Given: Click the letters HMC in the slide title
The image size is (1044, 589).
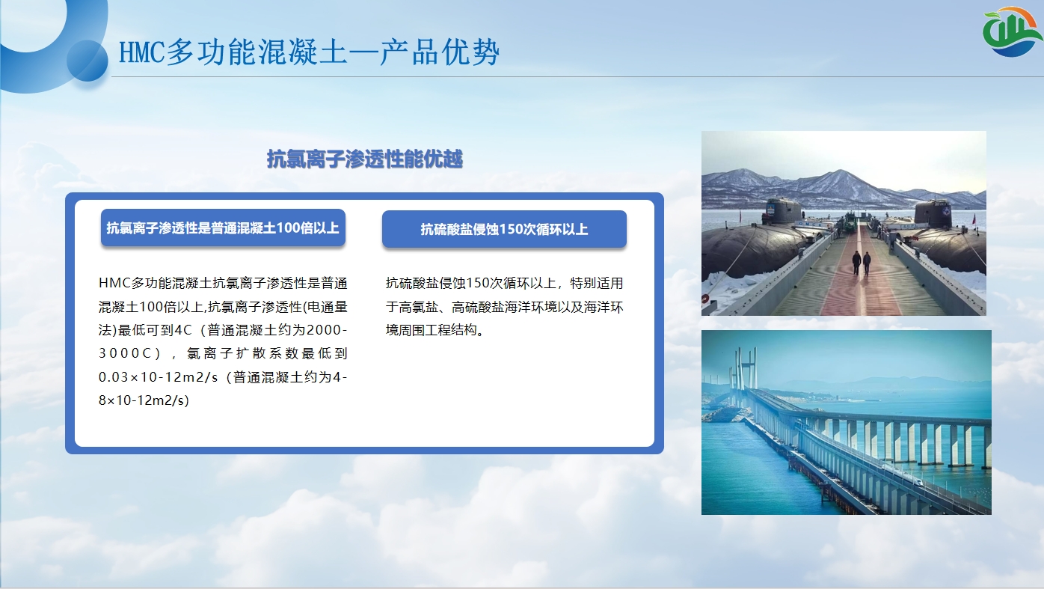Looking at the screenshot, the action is tap(141, 52).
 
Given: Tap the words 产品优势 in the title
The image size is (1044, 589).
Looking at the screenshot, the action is tap(439, 52).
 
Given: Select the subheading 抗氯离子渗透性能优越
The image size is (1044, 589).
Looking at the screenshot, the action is tap(364, 159).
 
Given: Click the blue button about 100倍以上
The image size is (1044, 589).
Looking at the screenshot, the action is tap(223, 228).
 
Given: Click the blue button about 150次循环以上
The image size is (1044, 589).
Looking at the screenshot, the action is tap(504, 229).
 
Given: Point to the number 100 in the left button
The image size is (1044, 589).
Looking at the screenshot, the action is tap(289, 228).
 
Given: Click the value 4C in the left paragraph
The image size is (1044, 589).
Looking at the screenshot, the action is tap(182, 330).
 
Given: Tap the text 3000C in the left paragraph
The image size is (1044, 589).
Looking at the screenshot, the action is tap(125, 353).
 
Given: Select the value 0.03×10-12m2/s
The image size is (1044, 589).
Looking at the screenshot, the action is tap(158, 377).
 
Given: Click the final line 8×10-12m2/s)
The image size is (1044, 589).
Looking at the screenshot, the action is tap(144, 400).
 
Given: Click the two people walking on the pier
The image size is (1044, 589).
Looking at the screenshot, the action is tap(862, 263).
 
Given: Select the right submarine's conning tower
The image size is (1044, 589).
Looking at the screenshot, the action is tap(933, 214).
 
